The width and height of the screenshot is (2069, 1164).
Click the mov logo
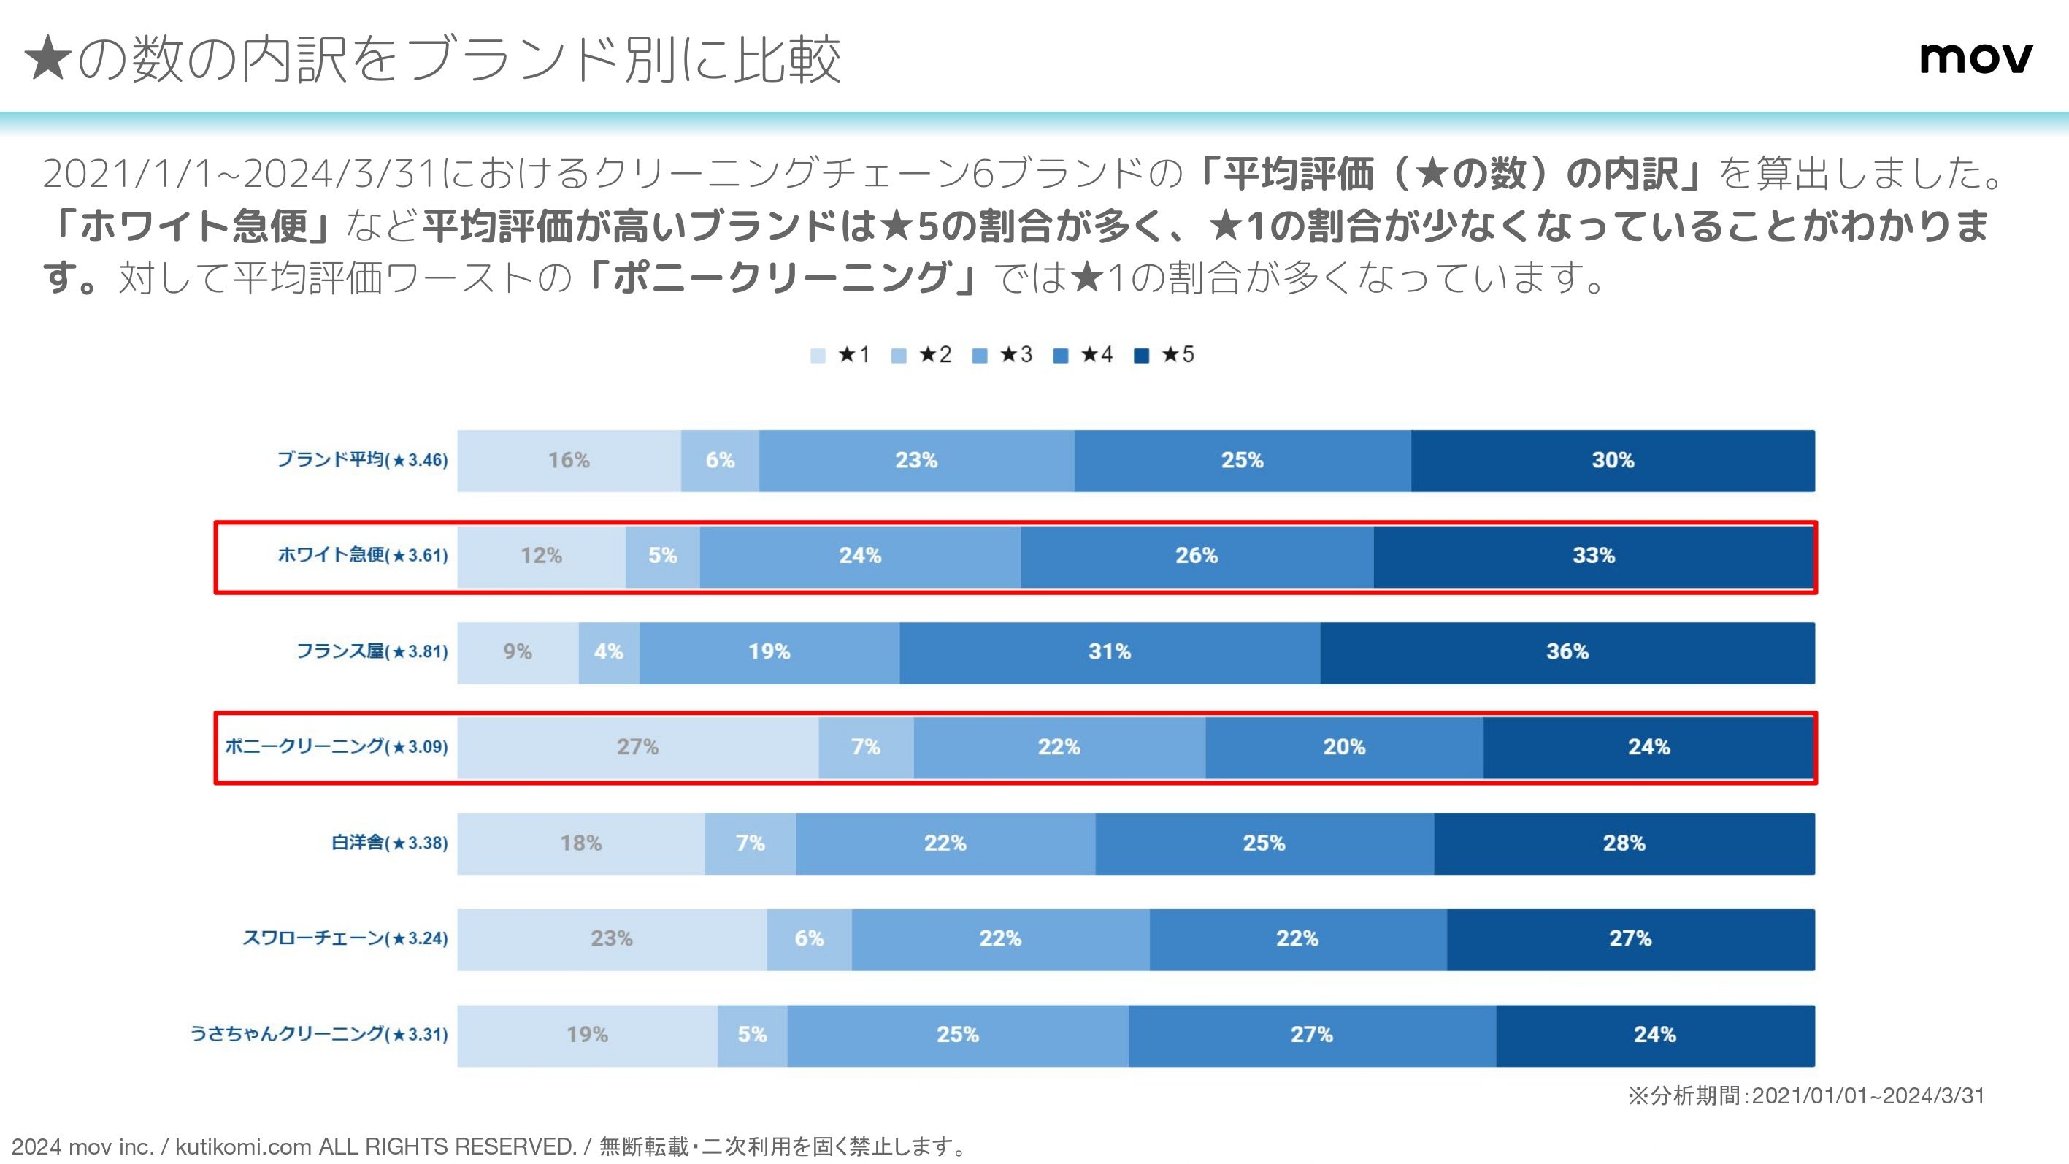[1976, 58]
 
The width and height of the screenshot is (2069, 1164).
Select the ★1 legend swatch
[818, 356]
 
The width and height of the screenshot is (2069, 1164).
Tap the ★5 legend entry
[1164, 355]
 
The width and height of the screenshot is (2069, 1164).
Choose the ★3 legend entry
[1002, 355]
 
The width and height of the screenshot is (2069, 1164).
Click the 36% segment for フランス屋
[1567, 652]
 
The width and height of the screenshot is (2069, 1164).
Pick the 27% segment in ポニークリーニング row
[638, 748]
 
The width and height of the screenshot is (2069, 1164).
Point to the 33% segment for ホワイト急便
[1594, 556]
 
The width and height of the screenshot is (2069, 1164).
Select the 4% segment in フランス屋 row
[609, 652]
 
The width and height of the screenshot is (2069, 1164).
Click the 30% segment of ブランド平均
[1613, 461]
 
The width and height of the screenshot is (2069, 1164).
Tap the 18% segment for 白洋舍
[580, 843]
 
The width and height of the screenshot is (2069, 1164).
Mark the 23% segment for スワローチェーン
[612, 939]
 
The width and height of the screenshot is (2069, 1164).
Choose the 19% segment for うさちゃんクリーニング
[587, 1035]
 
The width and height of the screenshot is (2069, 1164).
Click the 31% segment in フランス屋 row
[1109, 652]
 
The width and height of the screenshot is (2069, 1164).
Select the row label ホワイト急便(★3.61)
[362, 555]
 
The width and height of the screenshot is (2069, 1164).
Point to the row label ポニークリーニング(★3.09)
[336, 747]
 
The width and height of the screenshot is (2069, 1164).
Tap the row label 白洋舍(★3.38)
[390, 843]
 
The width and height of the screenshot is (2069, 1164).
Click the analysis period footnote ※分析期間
[1805, 1095]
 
